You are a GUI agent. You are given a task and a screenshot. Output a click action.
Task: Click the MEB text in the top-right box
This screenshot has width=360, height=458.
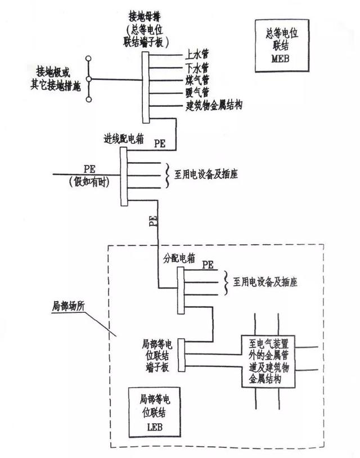280,59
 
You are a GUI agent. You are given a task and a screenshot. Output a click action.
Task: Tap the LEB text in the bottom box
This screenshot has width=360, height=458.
155,427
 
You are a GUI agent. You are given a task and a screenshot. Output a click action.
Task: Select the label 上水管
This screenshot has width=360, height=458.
196,55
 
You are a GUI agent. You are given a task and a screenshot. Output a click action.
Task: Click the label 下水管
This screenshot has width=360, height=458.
196,68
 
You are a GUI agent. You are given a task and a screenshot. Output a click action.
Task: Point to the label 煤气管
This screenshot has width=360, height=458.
197,80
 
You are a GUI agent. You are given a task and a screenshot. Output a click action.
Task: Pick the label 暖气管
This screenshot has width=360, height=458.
197,92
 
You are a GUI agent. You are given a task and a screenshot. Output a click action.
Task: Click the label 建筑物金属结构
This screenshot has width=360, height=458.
214,105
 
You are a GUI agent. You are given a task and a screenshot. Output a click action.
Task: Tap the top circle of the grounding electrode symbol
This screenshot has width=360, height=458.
88,59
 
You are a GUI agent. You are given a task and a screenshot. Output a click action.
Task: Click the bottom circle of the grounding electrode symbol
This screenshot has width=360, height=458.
89,100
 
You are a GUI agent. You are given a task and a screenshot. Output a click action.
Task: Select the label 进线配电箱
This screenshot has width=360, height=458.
124,139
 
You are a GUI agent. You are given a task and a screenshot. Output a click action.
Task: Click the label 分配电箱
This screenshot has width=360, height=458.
179,258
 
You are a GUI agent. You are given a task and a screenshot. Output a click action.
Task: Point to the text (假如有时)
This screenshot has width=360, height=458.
89,182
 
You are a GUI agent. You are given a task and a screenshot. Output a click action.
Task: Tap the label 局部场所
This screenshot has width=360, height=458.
68,307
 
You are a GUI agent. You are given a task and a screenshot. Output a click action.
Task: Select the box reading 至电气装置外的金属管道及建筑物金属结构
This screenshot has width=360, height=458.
268,361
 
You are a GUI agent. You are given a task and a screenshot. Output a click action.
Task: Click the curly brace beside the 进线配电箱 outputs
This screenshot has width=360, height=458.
167,175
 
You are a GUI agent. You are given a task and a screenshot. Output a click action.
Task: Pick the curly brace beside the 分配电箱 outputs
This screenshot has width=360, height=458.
226,282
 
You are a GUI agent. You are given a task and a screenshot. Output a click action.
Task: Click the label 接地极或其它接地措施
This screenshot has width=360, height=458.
55,79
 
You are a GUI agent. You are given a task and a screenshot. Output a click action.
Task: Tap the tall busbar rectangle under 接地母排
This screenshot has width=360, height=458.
145,87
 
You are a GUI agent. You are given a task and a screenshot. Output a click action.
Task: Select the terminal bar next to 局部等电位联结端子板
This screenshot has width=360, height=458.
181,355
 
